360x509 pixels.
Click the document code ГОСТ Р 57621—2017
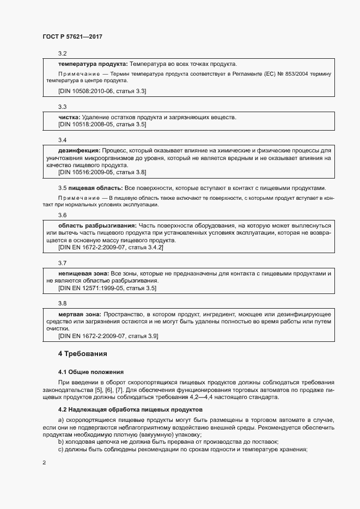click(x=72, y=36)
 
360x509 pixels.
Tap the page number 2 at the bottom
click(x=44, y=463)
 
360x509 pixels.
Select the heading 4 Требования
click(x=82, y=354)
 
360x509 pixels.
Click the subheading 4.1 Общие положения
click(x=91, y=371)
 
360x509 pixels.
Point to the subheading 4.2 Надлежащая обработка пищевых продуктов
click(x=130, y=409)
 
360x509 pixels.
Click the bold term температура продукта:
click(x=93, y=64)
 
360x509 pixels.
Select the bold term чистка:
click(x=69, y=117)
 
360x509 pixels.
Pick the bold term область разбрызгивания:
click(x=97, y=225)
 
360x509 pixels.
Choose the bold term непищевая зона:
click(x=84, y=272)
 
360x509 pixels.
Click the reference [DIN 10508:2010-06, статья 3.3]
click(x=102, y=90)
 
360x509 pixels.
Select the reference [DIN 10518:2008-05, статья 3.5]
click(x=102, y=125)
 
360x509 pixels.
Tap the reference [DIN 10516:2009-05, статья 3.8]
click(x=102, y=173)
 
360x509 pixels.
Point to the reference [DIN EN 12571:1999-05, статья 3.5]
click(x=107, y=287)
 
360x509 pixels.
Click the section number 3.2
click(x=62, y=53)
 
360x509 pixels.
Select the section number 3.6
click(x=62, y=215)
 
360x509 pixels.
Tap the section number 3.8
click(x=62, y=303)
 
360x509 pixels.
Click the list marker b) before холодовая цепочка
click(x=61, y=441)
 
